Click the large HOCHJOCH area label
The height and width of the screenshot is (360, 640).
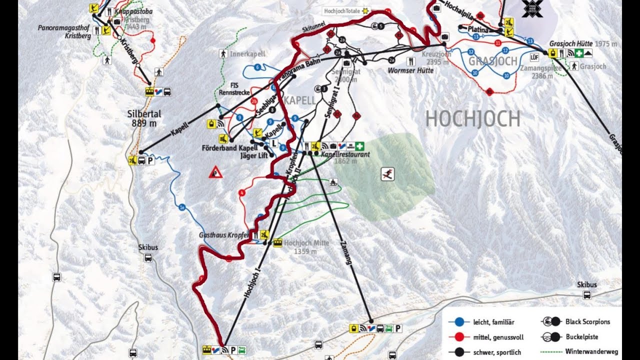coord(472,119)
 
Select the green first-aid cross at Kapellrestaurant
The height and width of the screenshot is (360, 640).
coord(359,145)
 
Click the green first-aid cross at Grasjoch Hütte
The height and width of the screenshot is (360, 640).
coord(579,53)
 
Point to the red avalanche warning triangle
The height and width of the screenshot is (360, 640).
coord(215,172)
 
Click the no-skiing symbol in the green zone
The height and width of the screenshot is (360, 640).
coord(387,174)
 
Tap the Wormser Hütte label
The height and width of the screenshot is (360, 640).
coord(410,70)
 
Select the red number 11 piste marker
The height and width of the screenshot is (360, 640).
coord(497,43)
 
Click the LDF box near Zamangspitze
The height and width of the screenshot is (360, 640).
coord(534,56)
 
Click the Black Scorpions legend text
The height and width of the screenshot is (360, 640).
coord(587,322)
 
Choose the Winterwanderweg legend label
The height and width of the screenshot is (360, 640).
coord(591,352)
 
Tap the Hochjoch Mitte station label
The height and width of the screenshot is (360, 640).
coord(306,243)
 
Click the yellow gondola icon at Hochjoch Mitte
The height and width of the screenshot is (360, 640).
coord(277,243)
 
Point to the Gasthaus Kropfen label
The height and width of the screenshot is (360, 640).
coord(224,235)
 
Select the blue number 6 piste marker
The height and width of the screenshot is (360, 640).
coord(257,66)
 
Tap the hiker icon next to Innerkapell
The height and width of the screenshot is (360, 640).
coord(223,53)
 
